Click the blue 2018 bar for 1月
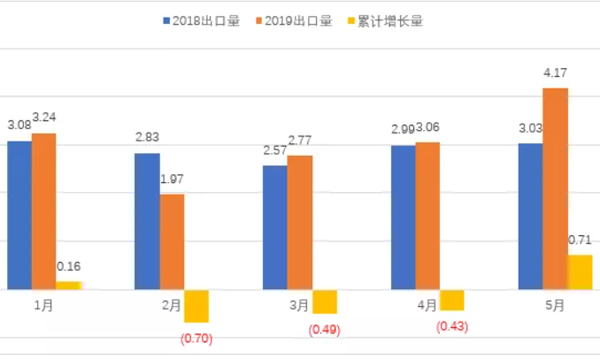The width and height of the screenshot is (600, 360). [19, 215]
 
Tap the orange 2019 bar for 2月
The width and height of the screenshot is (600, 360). [172, 241]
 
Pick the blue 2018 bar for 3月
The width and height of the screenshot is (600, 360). [274, 227]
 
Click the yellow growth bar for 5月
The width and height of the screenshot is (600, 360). [580, 272]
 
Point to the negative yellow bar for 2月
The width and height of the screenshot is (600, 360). [196, 305]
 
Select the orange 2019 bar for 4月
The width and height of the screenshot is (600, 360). [427, 215]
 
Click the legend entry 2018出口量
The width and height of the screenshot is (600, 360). [200, 21]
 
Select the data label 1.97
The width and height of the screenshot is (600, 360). [172, 179]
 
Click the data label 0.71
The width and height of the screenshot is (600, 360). [579, 240]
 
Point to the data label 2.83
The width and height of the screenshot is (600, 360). [147, 137]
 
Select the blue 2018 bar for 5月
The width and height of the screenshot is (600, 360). [530, 216]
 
